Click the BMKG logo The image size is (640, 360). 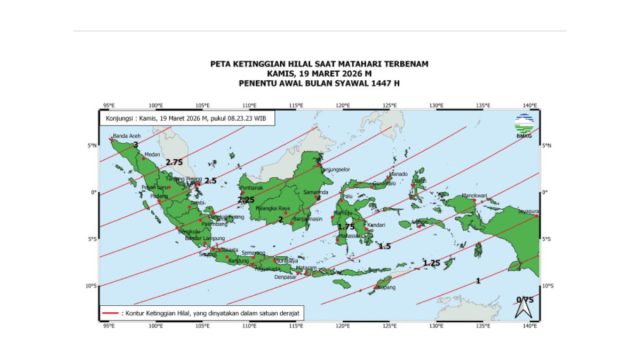pos(524,123)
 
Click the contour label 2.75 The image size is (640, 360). pos(175,162)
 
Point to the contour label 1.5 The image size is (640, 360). pos(384,245)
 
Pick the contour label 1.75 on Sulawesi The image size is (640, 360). pos(346,228)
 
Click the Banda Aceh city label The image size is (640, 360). pos(126,136)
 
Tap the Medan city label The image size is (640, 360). pos(153,156)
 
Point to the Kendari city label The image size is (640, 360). pos(376,225)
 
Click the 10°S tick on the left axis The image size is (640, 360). pos(92,286)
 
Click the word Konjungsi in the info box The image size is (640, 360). pos(122,118)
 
